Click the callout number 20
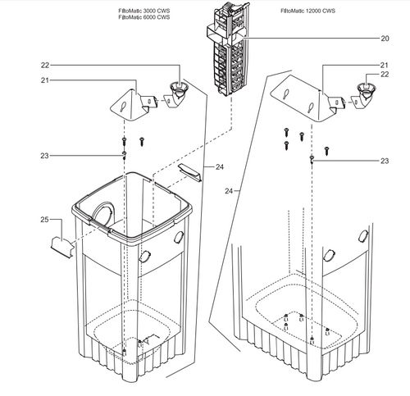[x=385, y=39]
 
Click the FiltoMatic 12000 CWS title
[x=307, y=11]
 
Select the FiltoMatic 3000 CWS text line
[x=144, y=11]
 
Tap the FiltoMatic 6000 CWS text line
[x=144, y=17]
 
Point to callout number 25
[x=44, y=220]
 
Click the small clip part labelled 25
[x=62, y=248]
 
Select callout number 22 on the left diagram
[x=45, y=66]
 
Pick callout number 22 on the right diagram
[x=385, y=75]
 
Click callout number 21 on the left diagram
[x=45, y=80]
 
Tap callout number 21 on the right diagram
[x=385, y=65]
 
